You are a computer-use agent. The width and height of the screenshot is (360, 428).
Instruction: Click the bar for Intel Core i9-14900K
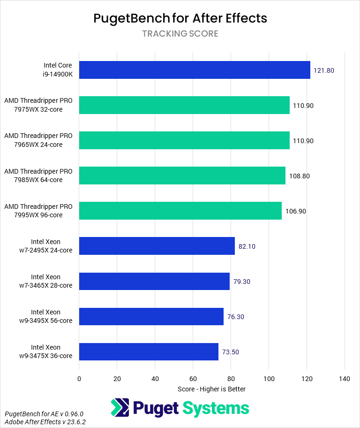(x=195, y=70)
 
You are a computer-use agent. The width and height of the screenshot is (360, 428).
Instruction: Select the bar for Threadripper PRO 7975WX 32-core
(x=184, y=105)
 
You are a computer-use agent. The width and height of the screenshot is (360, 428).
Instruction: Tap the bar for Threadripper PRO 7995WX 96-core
(x=180, y=211)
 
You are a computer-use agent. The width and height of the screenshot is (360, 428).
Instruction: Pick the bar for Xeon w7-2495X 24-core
(x=157, y=246)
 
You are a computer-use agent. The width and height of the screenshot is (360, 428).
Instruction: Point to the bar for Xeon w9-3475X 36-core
(x=149, y=352)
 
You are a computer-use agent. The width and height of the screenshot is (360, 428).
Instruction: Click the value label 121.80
(x=324, y=70)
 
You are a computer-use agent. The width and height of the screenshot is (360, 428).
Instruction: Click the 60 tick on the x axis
(x=193, y=378)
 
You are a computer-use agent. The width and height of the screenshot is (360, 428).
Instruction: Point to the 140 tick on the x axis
(x=345, y=378)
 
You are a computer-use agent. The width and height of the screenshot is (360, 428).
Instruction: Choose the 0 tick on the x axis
(x=79, y=378)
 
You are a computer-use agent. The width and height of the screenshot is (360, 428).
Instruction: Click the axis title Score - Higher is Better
(x=211, y=389)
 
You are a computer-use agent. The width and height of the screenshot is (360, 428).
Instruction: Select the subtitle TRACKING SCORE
(x=180, y=34)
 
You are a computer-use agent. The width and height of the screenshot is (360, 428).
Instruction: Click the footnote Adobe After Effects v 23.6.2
(x=45, y=422)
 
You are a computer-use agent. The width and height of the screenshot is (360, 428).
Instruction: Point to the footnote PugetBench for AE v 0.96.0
(x=44, y=414)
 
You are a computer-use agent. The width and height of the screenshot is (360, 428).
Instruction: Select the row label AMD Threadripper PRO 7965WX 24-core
(x=38, y=140)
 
